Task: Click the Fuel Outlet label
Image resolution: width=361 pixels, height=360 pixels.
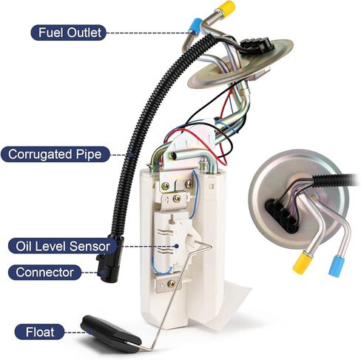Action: [x=69, y=33]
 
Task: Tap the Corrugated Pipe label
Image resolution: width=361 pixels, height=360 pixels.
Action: [x=55, y=154]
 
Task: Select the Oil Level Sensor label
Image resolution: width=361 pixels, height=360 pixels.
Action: [x=63, y=246]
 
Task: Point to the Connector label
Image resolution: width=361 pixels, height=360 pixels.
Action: [x=44, y=273]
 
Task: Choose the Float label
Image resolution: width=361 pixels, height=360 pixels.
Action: [x=39, y=332]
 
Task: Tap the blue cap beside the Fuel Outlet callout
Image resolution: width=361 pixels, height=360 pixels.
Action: [x=195, y=25]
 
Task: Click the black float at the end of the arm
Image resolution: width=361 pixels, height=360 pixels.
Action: [x=111, y=333]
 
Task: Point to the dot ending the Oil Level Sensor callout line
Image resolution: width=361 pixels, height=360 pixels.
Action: [x=177, y=246]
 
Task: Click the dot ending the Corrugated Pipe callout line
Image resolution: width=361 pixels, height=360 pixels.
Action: [x=132, y=155]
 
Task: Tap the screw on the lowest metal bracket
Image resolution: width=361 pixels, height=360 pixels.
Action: [x=171, y=284]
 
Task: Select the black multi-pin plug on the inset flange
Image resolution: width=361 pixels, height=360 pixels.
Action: [x=281, y=215]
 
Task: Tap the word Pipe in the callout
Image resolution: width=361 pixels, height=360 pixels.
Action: [x=89, y=155]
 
